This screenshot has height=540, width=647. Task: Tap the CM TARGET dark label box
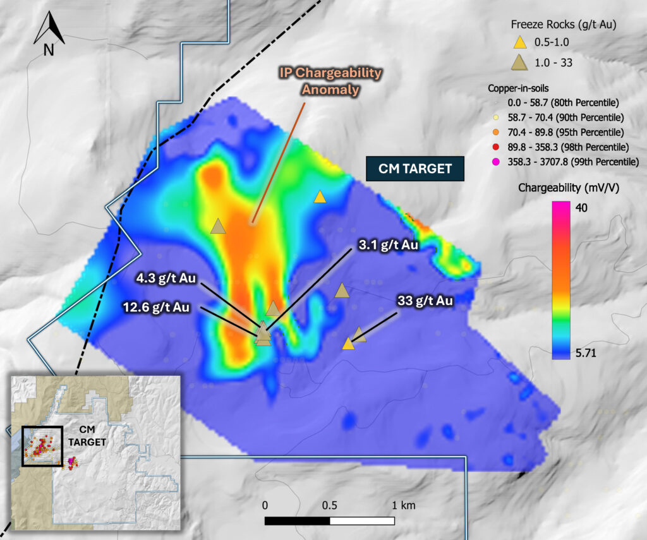(x=415, y=169)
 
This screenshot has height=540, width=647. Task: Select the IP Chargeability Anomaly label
(x=331, y=81)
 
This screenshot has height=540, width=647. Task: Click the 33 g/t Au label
(x=425, y=301)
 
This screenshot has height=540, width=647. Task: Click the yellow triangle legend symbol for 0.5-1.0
(x=519, y=43)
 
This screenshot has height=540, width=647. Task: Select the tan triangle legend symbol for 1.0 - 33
(x=519, y=62)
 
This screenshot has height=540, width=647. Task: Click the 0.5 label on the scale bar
(x=329, y=505)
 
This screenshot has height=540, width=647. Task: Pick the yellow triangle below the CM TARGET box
(x=320, y=197)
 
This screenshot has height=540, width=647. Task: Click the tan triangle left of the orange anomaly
(x=218, y=226)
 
